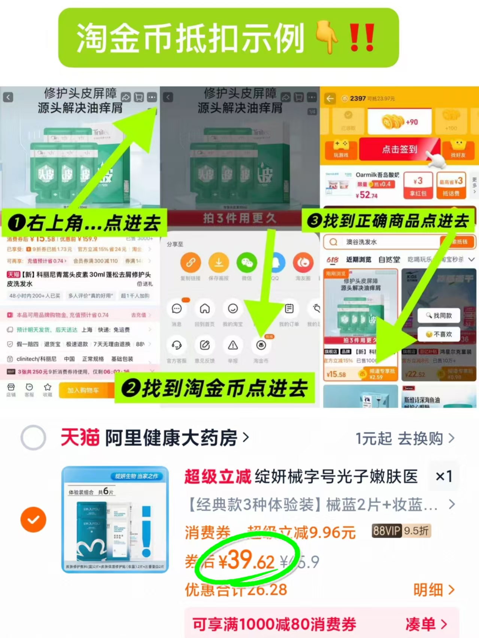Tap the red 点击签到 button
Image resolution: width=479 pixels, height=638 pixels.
(399, 149)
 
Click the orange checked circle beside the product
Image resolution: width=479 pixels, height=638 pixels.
(33, 519)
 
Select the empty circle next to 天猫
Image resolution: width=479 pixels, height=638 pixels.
(33, 437)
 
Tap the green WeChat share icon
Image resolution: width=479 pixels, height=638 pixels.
(246, 263)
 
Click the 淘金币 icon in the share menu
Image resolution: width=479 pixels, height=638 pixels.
(261, 346)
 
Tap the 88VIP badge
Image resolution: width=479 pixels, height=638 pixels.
(386, 530)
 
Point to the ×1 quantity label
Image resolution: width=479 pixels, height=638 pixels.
(444, 476)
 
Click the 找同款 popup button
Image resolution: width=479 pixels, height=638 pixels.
(439, 316)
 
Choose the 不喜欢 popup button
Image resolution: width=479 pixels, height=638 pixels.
(439, 334)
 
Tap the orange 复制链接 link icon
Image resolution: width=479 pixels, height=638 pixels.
(191, 263)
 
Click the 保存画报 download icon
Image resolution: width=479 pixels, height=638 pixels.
(219, 263)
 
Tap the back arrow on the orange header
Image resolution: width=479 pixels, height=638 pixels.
(330, 98)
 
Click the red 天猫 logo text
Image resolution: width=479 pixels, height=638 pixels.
(80, 437)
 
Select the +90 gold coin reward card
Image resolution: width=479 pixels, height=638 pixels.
(400, 122)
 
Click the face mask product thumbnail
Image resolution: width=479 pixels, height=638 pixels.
(115, 519)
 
